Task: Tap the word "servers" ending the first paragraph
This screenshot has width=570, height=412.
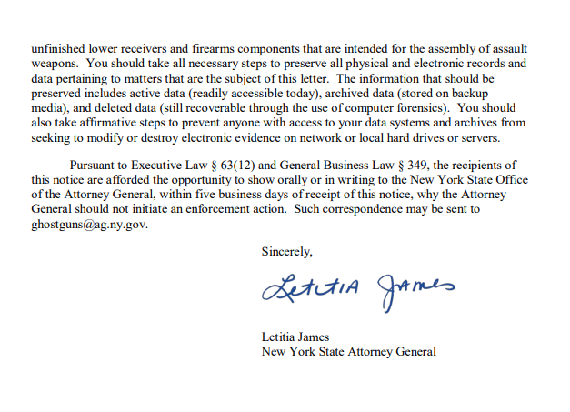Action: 479,136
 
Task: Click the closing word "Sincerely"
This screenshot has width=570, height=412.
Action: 286,251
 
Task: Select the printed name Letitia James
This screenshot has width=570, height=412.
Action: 296,337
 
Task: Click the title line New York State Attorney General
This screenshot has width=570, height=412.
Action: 348,351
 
